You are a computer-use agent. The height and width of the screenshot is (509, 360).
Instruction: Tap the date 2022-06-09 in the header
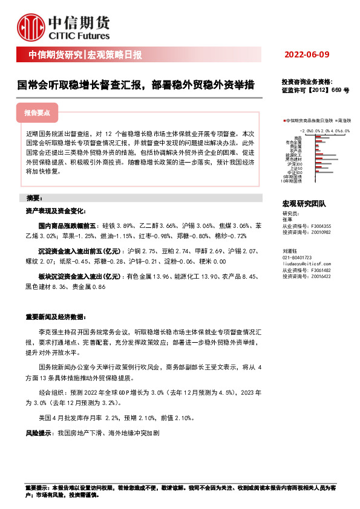(x=307, y=55)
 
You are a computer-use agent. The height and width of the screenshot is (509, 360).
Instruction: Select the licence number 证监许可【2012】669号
(x=315, y=90)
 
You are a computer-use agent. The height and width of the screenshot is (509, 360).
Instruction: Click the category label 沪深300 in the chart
(x=295, y=164)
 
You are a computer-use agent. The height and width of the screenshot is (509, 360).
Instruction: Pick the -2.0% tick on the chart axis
(x=306, y=130)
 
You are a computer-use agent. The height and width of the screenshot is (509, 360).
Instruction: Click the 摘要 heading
(x=33, y=198)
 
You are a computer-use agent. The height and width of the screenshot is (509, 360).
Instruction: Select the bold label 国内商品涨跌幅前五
(x=61, y=224)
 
